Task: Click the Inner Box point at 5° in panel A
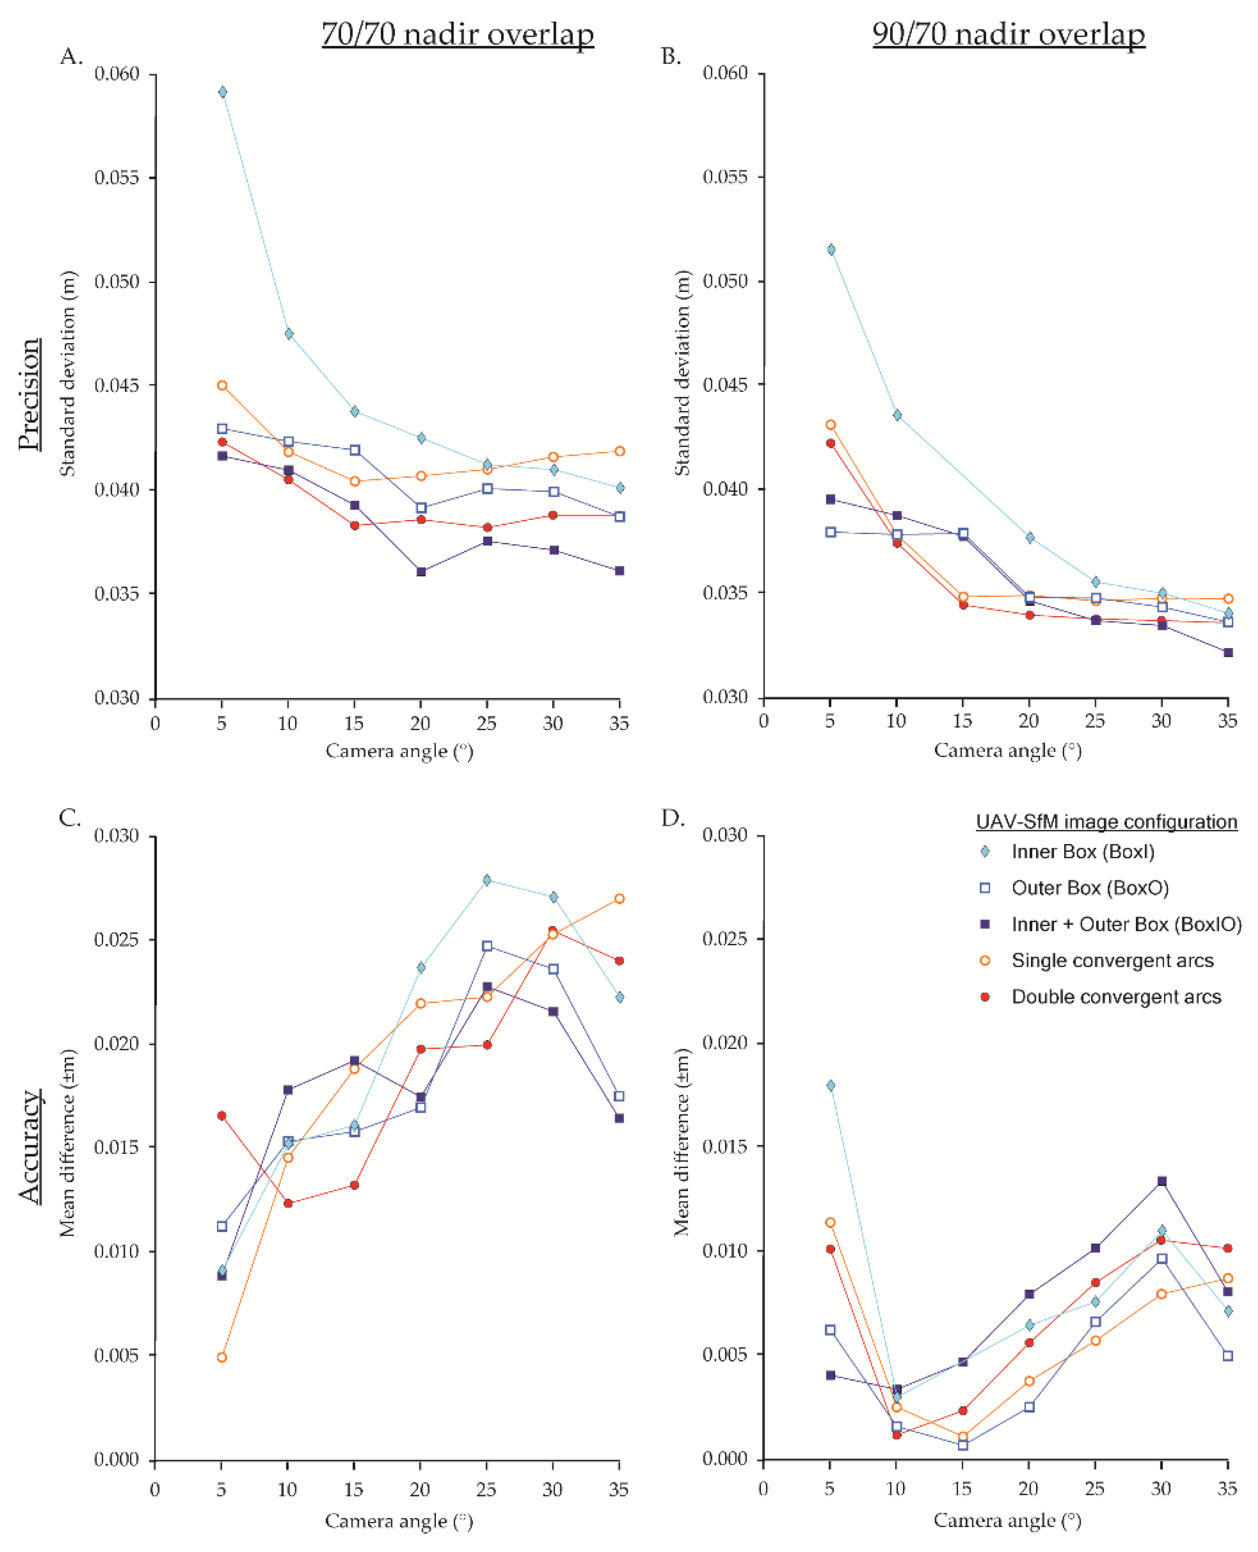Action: pyautogui.click(x=222, y=92)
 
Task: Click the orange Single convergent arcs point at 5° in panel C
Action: pyautogui.click(x=222, y=1357)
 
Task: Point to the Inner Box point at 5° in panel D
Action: pyautogui.click(x=831, y=1085)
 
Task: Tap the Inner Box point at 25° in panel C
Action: pyautogui.click(x=487, y=880)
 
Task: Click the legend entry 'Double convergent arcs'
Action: pyautogui.click(x=1116, y=997)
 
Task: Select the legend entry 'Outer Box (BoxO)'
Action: pyautogui.click(x=1090, y=888)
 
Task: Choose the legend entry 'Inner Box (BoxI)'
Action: pyautogui.click(x=1083, y=852)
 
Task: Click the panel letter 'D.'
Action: pyautogui.click(x=672, y=818)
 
